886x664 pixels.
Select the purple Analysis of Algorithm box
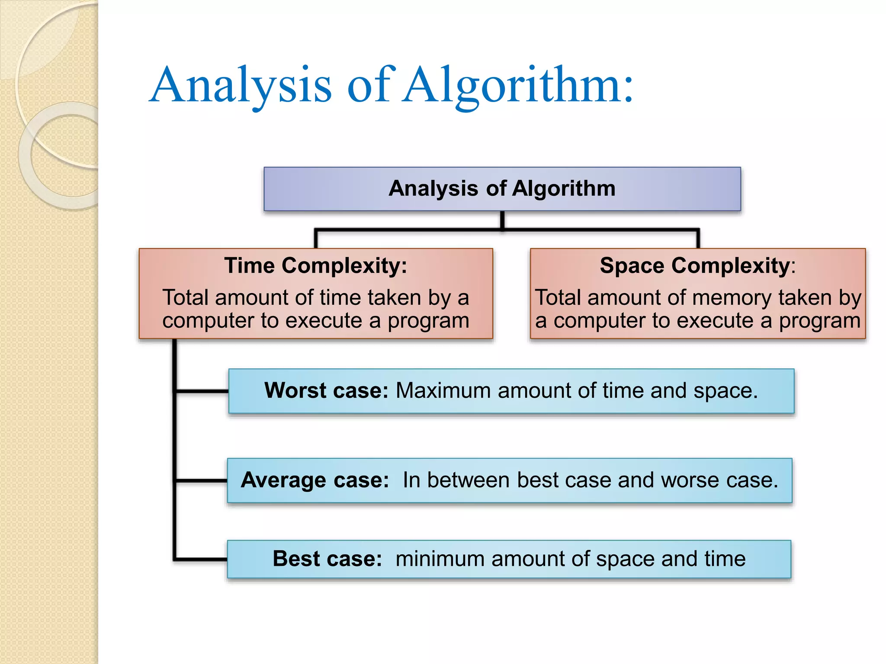click(x=502, y=189)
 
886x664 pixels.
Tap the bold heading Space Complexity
click(x=694, y=265)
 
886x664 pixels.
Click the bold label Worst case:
click(x=326, y=390)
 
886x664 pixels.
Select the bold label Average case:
click(x=315, y=480)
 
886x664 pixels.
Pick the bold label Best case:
click(x=327, y=559)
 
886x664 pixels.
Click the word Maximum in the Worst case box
click(x=443, y=390)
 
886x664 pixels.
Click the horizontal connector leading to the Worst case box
click(x=202, y=391)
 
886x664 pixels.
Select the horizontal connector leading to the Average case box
click(x=201, y=480)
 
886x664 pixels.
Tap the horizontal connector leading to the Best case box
click(x=201, y=559)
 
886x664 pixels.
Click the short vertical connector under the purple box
click(x=502, y=220)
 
